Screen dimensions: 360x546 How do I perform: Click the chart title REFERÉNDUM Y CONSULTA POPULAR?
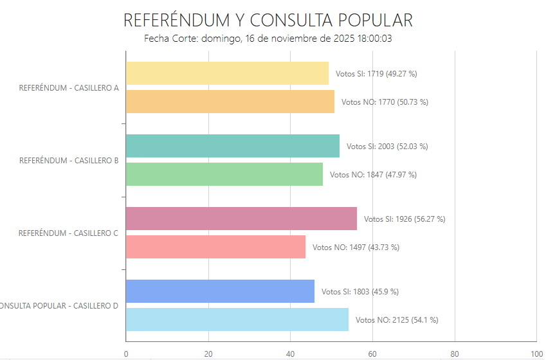tap(268, 20)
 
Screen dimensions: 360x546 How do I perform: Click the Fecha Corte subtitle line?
tap(268, 39)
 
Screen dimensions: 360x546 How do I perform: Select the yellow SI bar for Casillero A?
tap(227, 73)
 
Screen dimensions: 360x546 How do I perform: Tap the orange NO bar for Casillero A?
tap(230, 102)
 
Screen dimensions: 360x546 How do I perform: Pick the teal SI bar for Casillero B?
tap(233, 146)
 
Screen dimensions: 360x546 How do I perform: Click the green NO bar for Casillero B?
tap(224, 174)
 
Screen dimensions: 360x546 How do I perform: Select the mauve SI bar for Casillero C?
tap(241, 219)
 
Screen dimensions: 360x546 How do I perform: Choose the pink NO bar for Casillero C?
tap(215, 247)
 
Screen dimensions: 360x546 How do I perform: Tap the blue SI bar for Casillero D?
tap(220, 291)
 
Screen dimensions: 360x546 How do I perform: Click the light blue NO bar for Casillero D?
tap(237, 319)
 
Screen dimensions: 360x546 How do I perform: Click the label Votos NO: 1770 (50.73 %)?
tap(385, 102)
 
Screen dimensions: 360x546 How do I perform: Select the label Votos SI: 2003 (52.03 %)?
tap(387, 147)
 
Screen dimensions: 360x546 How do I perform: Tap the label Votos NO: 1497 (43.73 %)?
tap(356, 248)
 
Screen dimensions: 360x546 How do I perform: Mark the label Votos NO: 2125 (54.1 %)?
tap(397, 320)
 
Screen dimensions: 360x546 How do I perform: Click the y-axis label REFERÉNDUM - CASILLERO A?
tap(69, 88)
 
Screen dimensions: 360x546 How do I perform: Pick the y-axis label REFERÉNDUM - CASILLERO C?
tap(68, 233)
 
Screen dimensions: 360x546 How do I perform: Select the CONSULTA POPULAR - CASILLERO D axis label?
tap(59, 306)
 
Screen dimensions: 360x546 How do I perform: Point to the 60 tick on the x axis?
tap(372, 354)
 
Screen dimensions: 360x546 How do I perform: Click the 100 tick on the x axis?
tap(536, 354)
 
